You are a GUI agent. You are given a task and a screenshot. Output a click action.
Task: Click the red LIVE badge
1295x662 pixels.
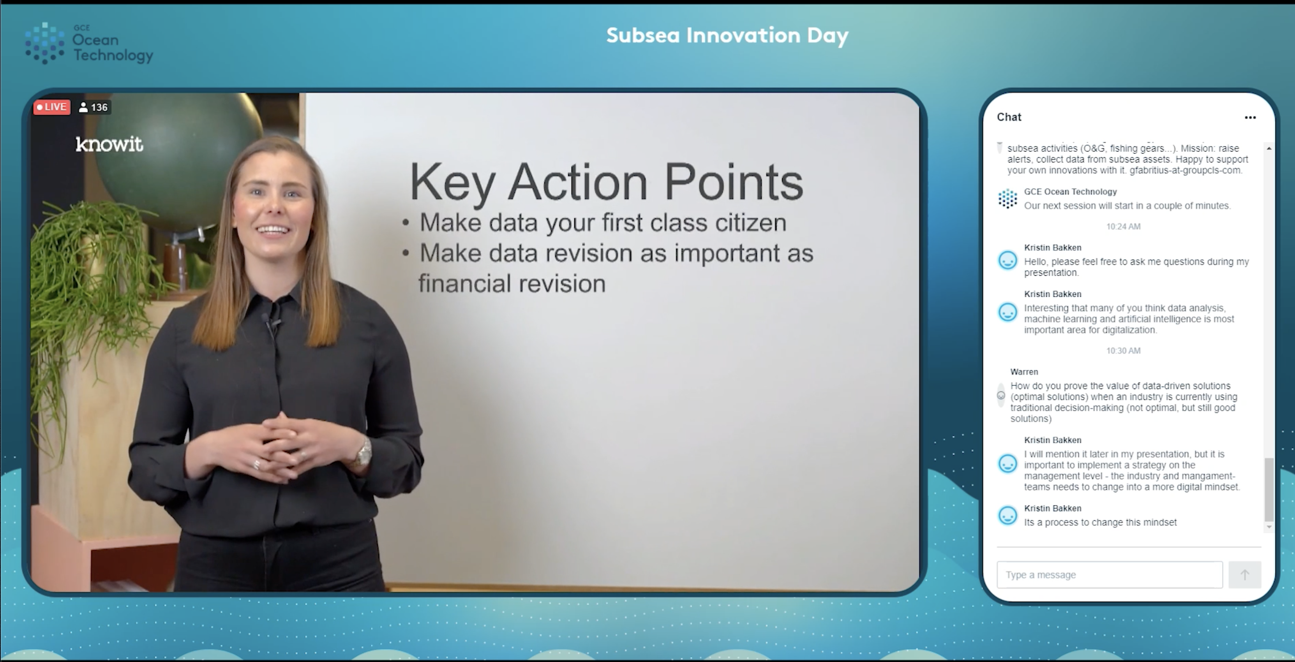pos(52,107)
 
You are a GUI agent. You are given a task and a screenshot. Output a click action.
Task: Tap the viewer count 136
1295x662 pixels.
pos(94,107)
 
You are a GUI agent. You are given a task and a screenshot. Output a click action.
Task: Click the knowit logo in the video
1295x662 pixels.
pos(109,144)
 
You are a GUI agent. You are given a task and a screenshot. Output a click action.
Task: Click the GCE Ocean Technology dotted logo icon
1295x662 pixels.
pos(45,43)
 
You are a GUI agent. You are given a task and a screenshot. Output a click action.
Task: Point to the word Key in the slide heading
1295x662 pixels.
pos(452,183)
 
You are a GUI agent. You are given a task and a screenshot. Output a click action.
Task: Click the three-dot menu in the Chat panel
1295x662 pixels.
pos(1250,118)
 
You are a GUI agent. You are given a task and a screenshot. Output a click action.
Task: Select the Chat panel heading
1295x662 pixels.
pos(1009,117)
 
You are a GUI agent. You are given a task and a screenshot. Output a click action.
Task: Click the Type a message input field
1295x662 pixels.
pos(1110,574)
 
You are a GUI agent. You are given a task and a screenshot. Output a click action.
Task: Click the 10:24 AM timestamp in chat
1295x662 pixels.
pos(1123,227)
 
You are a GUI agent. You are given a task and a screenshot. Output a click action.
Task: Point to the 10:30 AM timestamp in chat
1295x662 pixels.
pos(1123,351)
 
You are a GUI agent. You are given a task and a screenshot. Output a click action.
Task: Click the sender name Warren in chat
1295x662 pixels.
pos(1024,372)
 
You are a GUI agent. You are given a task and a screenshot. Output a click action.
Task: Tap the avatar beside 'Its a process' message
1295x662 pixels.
pos(1007,516)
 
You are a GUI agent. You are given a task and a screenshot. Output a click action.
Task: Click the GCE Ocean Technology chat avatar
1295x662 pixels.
pos(1007,199)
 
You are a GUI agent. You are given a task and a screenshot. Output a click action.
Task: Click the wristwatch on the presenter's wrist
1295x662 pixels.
pos(363,452)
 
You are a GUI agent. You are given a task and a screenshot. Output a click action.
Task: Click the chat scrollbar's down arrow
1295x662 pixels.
pos(1269,527)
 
